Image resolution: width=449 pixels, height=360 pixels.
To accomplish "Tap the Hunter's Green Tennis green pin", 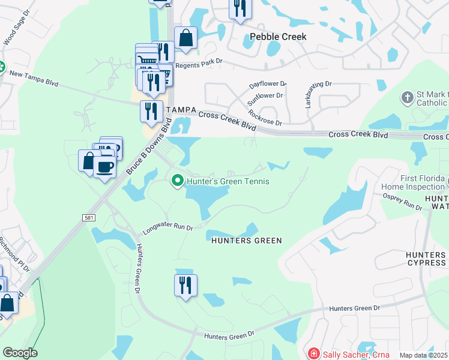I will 177,181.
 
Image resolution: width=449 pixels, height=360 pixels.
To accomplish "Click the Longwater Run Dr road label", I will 167,229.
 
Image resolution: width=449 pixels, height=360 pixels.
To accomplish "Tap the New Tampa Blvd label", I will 34,78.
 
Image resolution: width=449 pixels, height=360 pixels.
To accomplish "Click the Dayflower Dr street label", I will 268,86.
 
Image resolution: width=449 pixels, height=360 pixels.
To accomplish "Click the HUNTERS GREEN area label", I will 246,241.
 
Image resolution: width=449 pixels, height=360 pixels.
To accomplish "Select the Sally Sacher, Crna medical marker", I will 313,355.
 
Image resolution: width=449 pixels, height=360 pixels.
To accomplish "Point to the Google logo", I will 20,353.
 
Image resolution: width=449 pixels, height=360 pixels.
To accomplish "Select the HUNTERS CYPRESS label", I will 426,259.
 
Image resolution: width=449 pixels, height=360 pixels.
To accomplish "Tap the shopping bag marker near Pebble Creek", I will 185,37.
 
